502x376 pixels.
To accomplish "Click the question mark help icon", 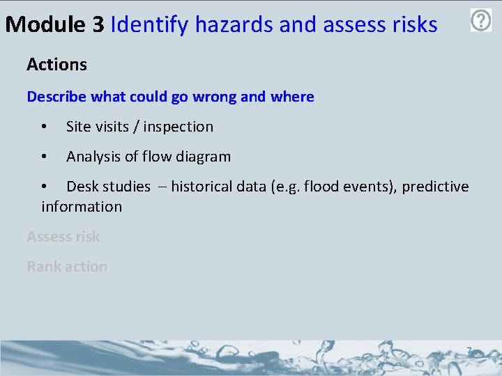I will [481, 20].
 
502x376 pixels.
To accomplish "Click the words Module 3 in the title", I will [54, 25].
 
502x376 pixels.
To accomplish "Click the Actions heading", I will [56, 65].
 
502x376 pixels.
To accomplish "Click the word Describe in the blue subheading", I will [58, 97].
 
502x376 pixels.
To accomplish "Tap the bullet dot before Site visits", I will [44, 127].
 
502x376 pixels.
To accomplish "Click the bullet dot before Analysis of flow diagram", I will [44, 157].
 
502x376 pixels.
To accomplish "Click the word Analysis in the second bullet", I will [93, 157].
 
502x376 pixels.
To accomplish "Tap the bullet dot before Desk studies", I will [44, 187].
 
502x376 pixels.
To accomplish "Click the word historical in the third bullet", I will [202, 187].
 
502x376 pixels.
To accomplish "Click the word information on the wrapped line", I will [82, 207].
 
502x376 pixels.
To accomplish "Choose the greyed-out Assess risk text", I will [63, 237].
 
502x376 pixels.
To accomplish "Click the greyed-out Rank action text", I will [67, 267].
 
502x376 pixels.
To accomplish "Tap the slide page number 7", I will [469, 351].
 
